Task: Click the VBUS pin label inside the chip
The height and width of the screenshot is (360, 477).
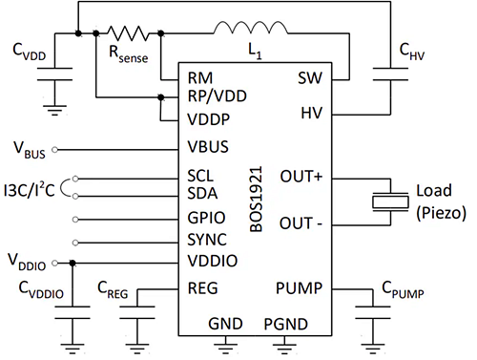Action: tap(210, 149)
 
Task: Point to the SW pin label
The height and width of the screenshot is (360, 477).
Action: tap(310, 77)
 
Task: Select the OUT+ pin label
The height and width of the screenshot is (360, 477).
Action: tap(302, 178)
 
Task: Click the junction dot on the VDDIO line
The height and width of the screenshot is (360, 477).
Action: tap(73, 260)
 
